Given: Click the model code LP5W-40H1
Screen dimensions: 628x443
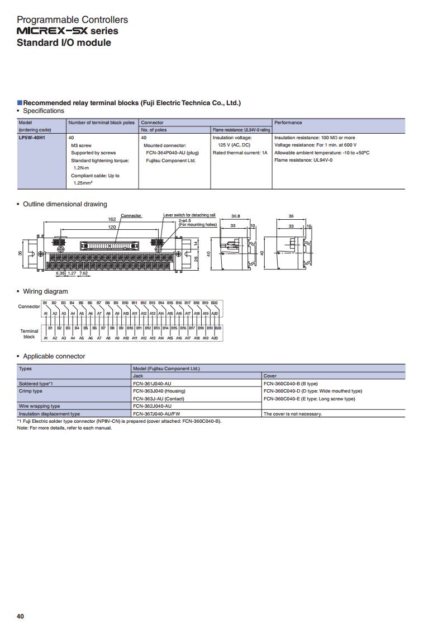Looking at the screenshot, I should click(x=31, y=138).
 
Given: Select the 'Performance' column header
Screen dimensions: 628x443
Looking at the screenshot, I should click(x=288, y=122).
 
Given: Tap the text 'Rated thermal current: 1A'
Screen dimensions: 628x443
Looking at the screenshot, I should click(x=240, y=153).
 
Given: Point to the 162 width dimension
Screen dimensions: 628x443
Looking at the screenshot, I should click(x=112, y=220).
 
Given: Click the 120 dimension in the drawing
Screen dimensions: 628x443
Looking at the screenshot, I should click(x=112, y=228).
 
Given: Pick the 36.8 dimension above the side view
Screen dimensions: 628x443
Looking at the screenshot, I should click(x=236, y=216).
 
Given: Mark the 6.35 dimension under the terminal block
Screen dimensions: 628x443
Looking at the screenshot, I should click(x=60, y=273).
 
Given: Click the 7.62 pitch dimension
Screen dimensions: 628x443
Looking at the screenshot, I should click(x=83, y=273).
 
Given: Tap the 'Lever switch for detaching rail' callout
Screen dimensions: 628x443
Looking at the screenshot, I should click(x=189, y=215).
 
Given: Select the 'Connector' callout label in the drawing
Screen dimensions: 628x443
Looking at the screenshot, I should click(x=131, y=215).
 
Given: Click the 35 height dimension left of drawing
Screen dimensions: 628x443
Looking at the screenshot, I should click(x=21, y=253).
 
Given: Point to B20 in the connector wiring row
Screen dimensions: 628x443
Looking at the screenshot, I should click(x=215, y=303).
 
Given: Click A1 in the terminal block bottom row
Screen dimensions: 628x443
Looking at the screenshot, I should click(x=46, y=338).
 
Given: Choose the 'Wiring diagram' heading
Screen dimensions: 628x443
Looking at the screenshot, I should click(x=45, y=291).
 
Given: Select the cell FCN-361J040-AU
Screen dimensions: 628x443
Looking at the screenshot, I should click(x=152, y=384).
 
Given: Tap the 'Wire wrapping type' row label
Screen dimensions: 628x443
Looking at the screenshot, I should click(x=40, y=406).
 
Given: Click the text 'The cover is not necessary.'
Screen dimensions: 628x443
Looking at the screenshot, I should click(x=293, y=414).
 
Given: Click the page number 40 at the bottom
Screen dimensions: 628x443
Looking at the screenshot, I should click(x=21, y=616).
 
